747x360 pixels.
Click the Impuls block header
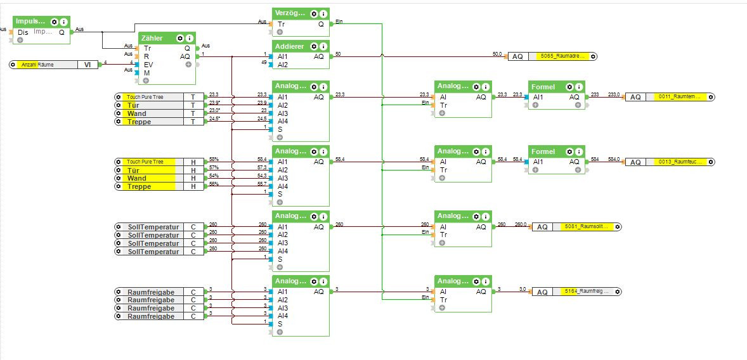tap(30, 22)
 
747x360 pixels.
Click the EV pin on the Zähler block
tap(148, 65)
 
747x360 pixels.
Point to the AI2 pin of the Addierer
tap(282, 65)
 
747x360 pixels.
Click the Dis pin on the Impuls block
tap(23, 32)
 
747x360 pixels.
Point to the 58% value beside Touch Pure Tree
tap(214, 159)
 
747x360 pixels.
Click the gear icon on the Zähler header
tap(180, 38)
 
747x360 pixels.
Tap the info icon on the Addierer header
tap(323, 46)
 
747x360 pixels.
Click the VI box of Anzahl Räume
tap(88, 65)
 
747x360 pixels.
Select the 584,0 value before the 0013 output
tap(614, 159)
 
